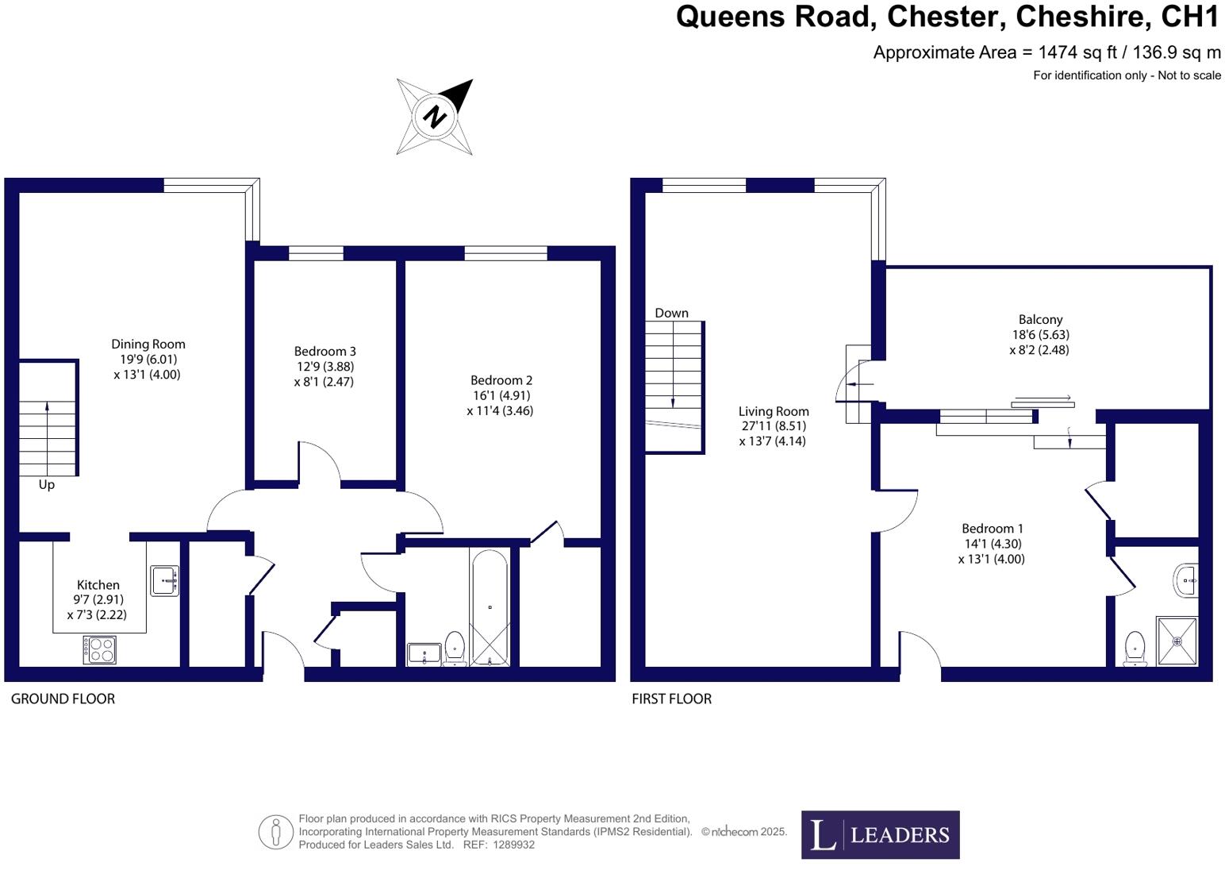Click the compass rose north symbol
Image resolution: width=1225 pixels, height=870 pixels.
[x=435, y=117]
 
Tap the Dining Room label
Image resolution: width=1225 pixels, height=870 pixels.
[x=148, y=345]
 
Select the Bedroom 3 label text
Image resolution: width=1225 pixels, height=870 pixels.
[x=324, y=352]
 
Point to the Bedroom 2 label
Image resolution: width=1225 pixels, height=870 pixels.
[x=501, y=380]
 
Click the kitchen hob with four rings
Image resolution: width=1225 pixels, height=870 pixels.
[x=100, y=650]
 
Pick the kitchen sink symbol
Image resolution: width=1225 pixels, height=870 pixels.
[x=165, y=580]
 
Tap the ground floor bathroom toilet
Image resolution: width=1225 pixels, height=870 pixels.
[x=455, y=646]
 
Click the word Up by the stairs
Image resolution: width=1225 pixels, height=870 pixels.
[x=47, y=484]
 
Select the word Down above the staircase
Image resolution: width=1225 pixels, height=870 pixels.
[x=671, y=313]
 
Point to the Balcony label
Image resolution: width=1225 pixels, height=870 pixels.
[x=1040, y=320]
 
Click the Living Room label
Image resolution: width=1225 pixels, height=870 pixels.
[x=774, y=411]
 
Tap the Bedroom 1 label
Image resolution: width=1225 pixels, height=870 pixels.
[x=992, y=529]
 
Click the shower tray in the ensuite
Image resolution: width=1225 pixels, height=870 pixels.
[x=1177, y=641]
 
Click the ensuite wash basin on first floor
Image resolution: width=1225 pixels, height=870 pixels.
[x=1185, y=580]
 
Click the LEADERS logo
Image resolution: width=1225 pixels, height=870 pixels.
[x=880, y=834]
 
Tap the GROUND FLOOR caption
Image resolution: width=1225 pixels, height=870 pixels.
[x=63, y=699]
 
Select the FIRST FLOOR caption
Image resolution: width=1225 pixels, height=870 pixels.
[x=671, y=699]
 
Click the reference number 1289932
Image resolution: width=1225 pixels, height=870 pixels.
[x=513, y=845]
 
